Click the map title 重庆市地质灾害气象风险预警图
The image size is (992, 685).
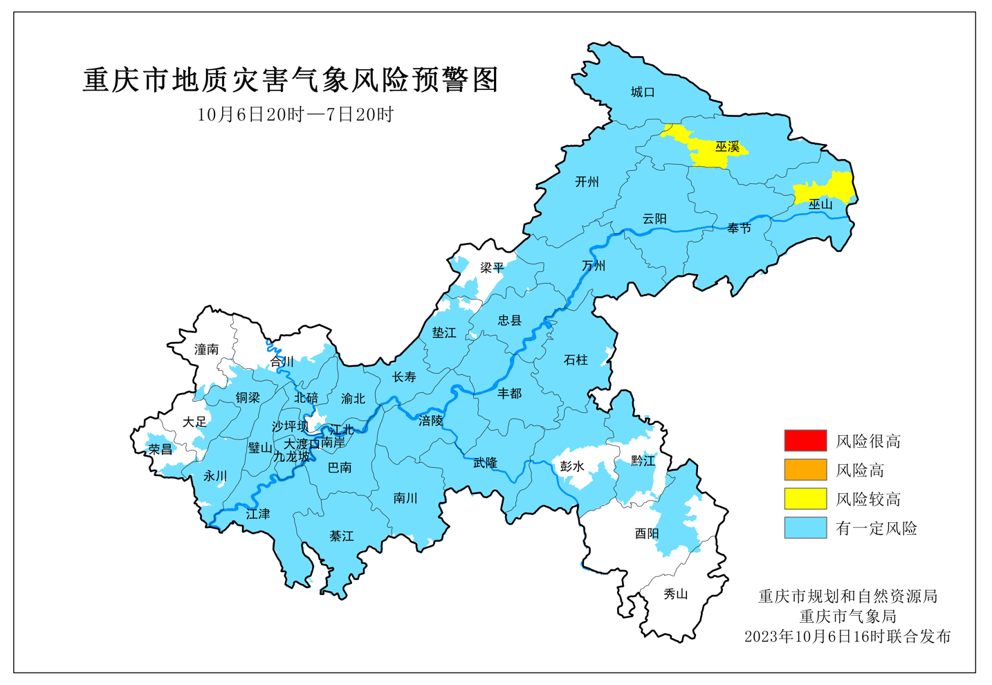pyautogui.click(x=291, y=80)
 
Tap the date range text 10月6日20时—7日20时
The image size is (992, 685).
pyautogui.click(x=295, y=114)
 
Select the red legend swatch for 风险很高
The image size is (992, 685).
pyautogui.click(x=805, y=440)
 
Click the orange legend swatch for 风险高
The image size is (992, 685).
pyautogui.click(x=805, y=469)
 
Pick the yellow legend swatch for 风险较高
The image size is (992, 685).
pyautogui.click(x=805, y=498)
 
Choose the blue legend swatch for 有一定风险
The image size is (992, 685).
pyautogui.click(x=805, y=527)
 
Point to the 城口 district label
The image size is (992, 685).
pyautogui.click(x=643, y=92)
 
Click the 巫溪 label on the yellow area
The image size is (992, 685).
pyautogui.click(x=727, y=147)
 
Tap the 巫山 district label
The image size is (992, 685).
pyautogui.click(x=820, y=204)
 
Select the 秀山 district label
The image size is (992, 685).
pyautogui.click(x=676, y=594)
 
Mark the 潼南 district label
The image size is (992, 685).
pyautogui.click(x=206, y=349)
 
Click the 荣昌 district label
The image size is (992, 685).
pyautogui.click(x=160, y=449)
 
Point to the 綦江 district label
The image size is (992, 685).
pyautogui.click(x=342, y=536)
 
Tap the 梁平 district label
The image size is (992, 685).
pyautogui.click(x=493, y=267)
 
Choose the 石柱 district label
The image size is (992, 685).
pyautogui.click(x=576, y=360)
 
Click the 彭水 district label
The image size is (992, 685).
pyautogui.click(x=572, y=466)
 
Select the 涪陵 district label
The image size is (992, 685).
pyautogui.click(x=430, y=420)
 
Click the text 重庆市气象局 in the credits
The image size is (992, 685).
pyautogui.click(x=847, y=616)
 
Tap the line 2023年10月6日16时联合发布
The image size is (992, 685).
pyautogui.click(x=847, y=636)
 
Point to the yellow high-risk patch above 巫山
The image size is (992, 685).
pyautogui.click(x=830, y=187)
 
